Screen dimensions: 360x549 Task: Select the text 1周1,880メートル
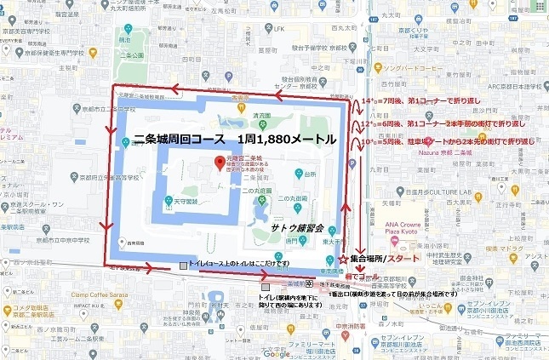(x=287, y=139)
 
